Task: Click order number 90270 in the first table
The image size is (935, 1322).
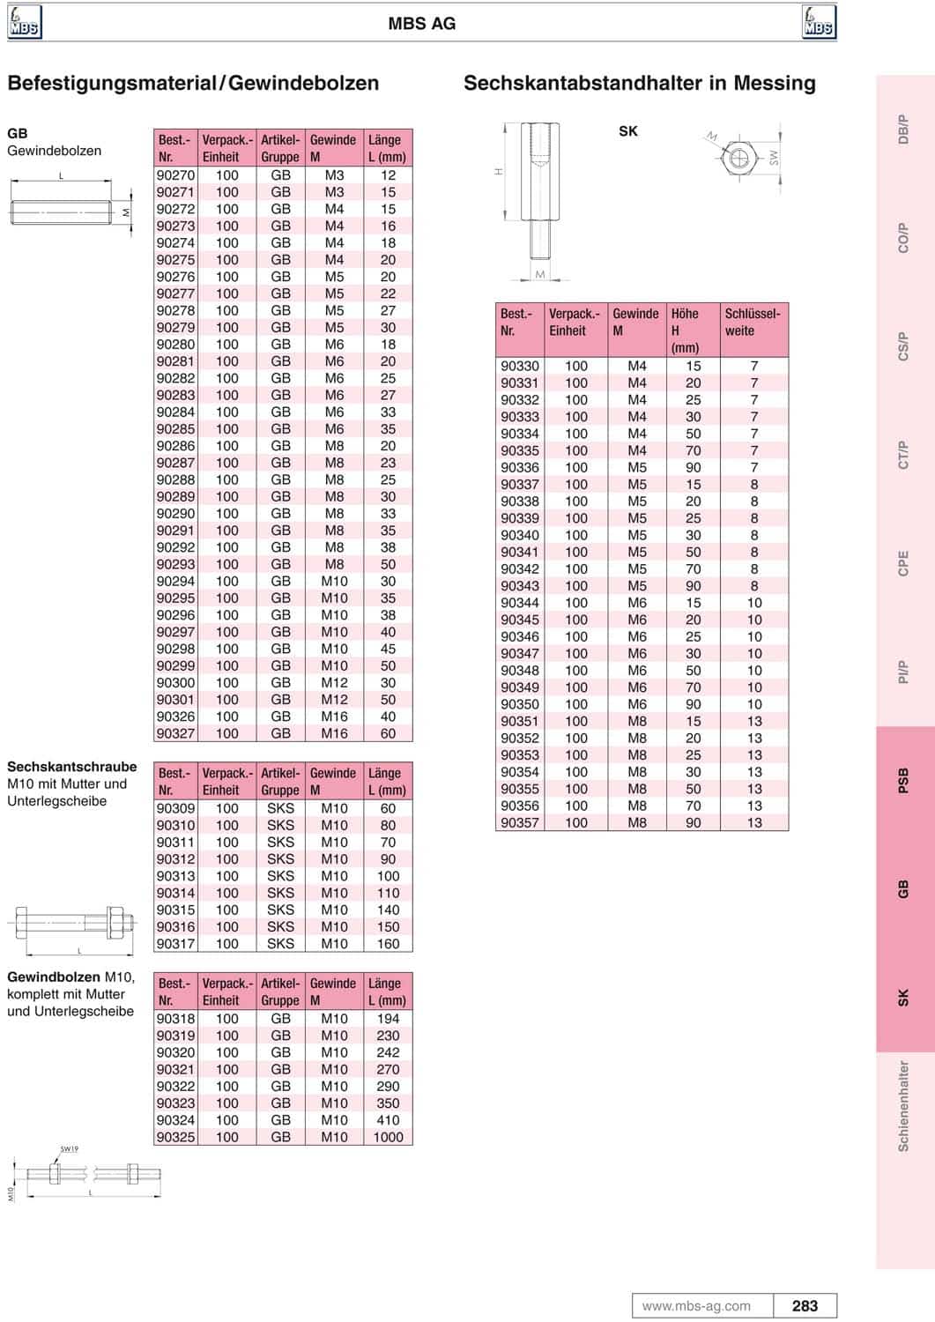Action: point(175,175)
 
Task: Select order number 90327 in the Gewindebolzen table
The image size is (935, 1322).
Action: point(175,733)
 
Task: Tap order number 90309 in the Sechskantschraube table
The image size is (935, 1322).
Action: point(175,808)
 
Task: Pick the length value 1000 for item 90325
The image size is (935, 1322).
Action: point(388,1137)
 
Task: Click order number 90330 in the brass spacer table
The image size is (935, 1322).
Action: point(520,366)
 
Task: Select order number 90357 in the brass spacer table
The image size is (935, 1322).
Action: point(520,822)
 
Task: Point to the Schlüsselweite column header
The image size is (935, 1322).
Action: point(753,323)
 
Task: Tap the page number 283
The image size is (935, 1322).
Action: point(805,1306)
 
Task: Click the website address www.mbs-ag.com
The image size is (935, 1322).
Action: point(696,1306)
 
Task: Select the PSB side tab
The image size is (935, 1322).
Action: point(903,781)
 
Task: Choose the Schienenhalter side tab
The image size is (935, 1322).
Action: point(903,1106)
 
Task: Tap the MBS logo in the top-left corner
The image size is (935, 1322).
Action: point(25,22)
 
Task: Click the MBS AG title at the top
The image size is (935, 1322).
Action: point(422,24)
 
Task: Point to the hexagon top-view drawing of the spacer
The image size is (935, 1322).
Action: point(740,159)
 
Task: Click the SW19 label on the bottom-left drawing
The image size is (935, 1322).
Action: point(70,1149)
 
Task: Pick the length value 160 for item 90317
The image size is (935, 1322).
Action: point(388,944)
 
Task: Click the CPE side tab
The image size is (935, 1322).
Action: point(903,564)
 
